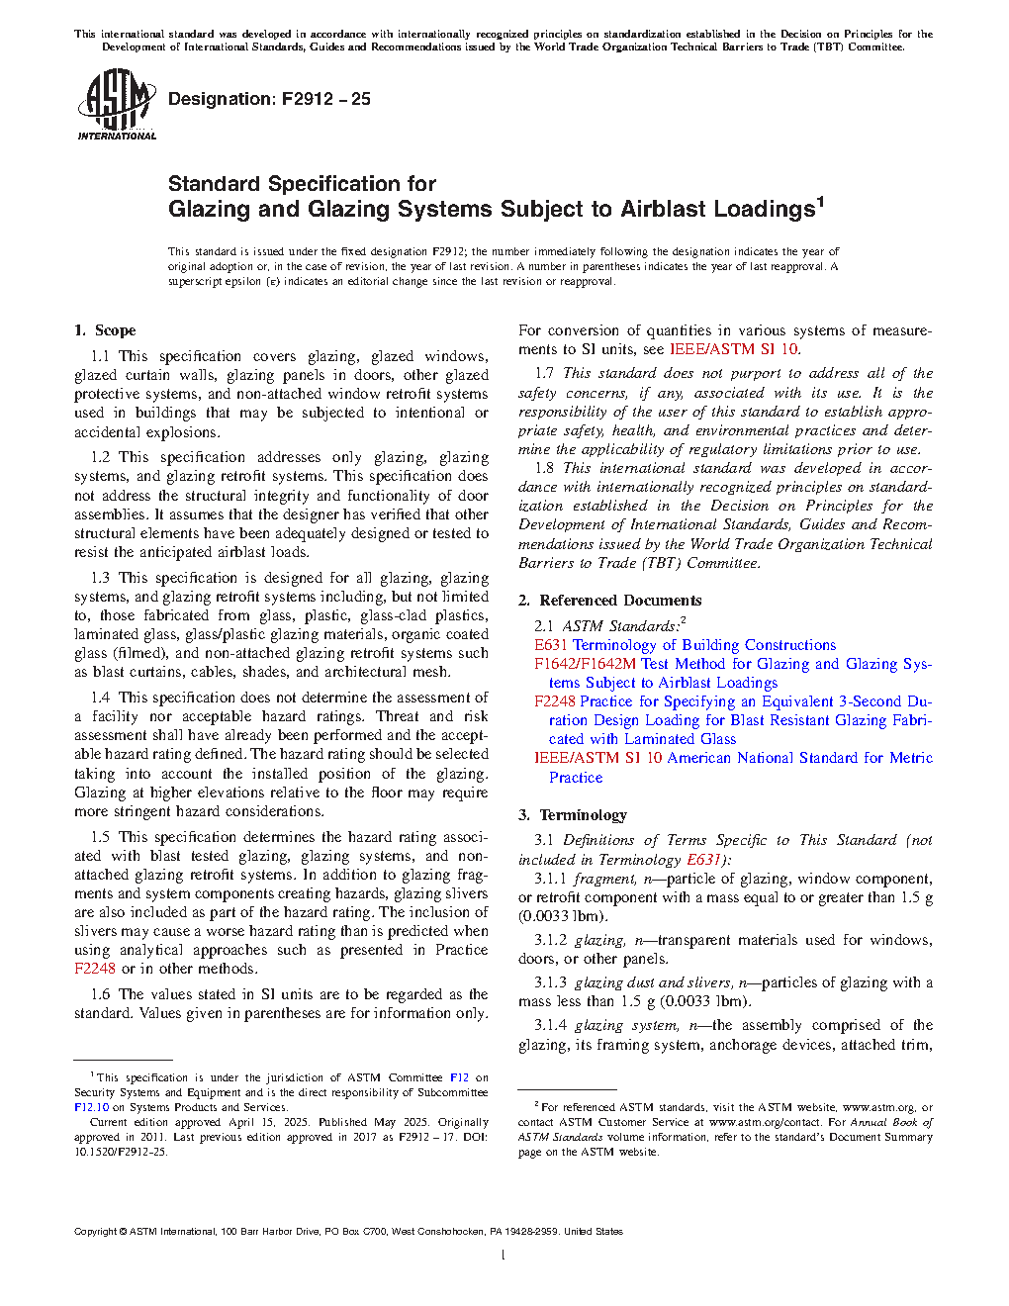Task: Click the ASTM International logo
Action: click(116, 104)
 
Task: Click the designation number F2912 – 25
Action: click(325, 99)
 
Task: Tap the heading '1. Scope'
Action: click(105, 330)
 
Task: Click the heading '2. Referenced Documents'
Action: click(610, 601)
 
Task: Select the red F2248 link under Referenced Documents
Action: click(554, 701)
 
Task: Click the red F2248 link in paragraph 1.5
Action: click(95, 969)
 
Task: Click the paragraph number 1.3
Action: click(100, 578)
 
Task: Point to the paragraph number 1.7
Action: click(544, 373)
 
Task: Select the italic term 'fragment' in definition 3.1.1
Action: click(604, 879)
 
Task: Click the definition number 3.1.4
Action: click(550, 1025)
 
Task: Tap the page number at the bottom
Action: click(504, 1256)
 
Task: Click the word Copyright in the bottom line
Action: click(95, 1232)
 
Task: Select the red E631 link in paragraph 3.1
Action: click(703, 860)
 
